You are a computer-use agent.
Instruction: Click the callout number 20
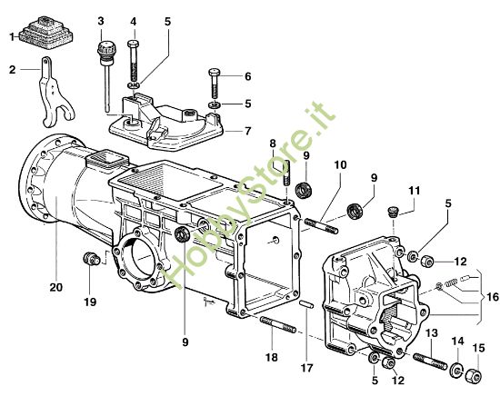click(x=56, y=287)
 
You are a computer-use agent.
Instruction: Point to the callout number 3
click(x=100, y=20)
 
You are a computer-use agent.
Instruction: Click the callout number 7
click(x=246, y=131)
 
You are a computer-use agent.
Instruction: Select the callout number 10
click(x=339, y=164)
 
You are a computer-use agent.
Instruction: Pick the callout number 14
click(x=456, y=342)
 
